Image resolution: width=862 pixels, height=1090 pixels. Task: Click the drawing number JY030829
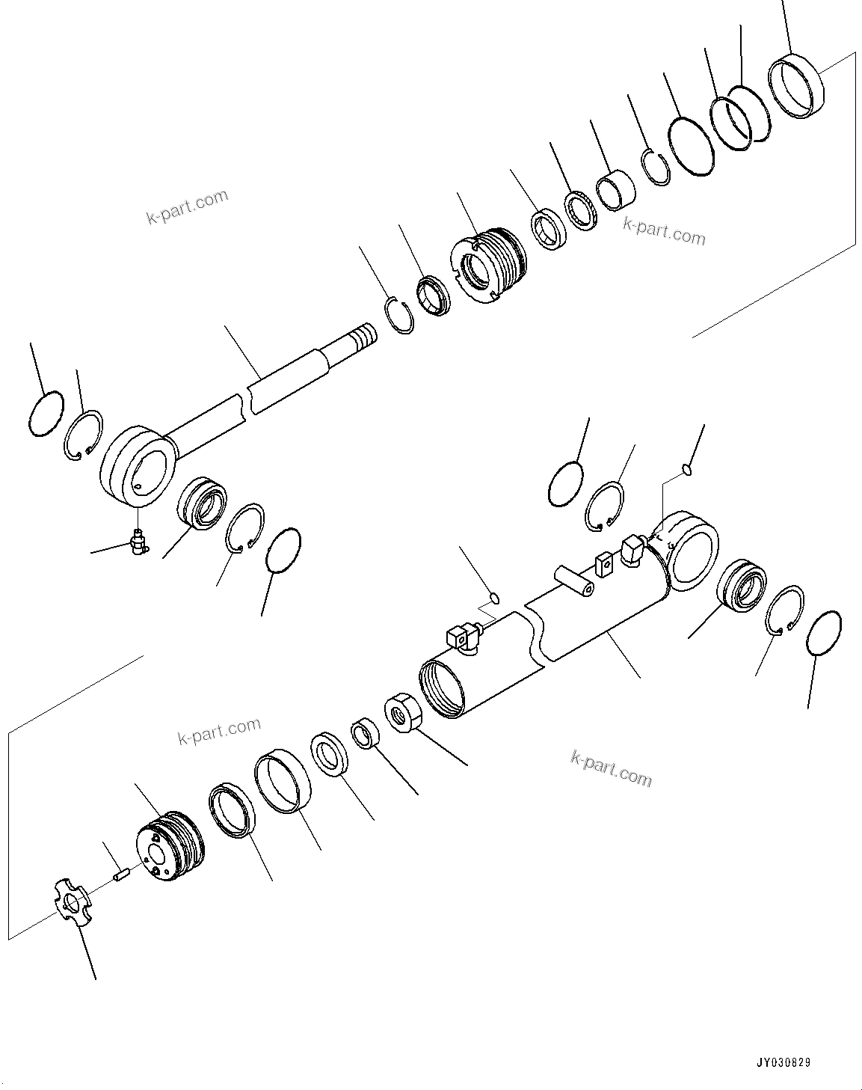[x=783, y=1063]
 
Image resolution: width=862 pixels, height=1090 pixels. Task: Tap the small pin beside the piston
[x=121, y=873]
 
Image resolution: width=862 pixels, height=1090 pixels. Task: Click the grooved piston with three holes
[x=172, y=848]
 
